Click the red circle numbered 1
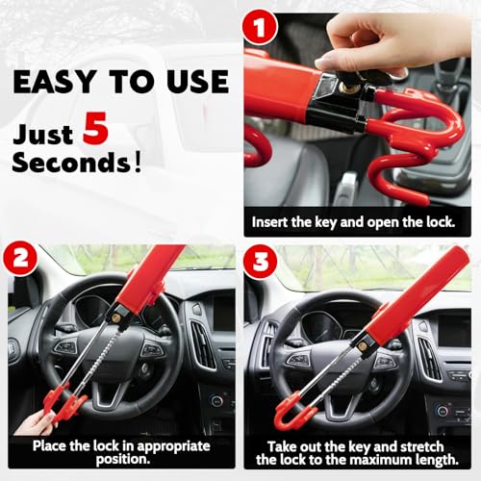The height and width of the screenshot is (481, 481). tap(260, 28)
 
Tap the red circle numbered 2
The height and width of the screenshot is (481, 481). tap(21, 259)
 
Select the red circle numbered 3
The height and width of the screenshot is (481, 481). tap(260, 262)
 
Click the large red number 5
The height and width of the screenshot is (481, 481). tap(95, 128)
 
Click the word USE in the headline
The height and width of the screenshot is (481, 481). tap(197, 82)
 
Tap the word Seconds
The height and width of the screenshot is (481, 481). tap(71, 162)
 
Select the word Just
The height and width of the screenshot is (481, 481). tap(43, 134)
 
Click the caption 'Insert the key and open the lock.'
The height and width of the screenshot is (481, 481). tap(353, 222)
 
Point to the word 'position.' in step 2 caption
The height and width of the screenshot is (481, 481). tap(123, 459)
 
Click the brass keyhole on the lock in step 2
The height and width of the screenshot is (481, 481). tap(116, 317)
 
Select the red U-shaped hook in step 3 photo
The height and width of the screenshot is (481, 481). tap(288, 413)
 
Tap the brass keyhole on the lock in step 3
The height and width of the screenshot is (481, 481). tap(363, 346)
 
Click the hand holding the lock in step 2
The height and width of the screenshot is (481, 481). tap(36, 421)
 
